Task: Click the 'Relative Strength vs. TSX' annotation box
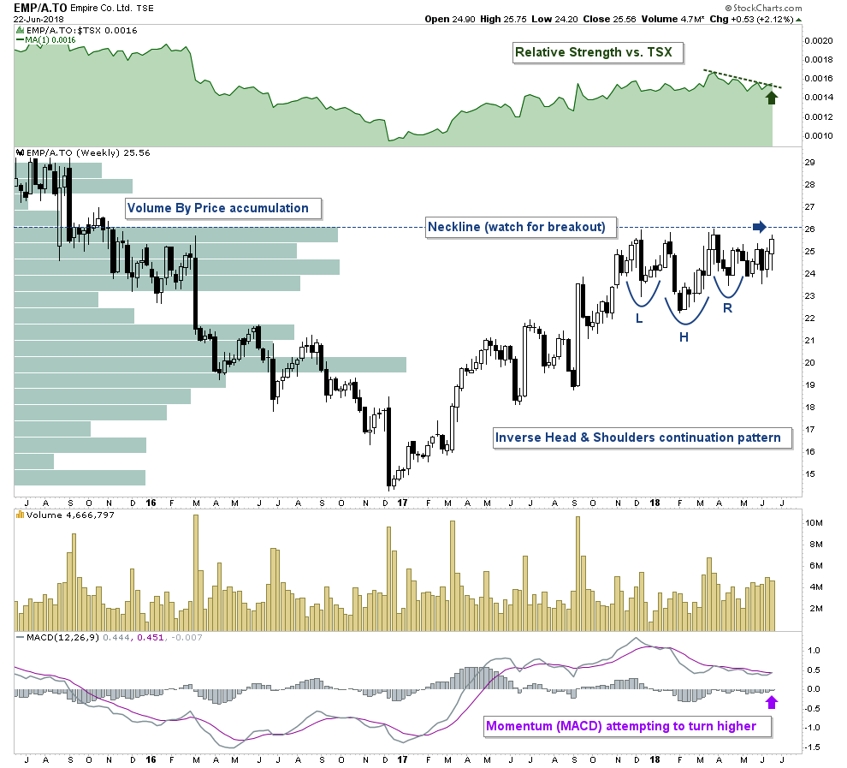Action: (x=593, y=53)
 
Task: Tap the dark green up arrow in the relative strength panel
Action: (x=772, y=96)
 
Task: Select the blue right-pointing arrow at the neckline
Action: (x=760, y=227)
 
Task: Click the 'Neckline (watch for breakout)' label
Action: (x=517, y=227)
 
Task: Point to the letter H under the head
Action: (x=684, y=336)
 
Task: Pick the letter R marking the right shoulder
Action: (x=727, y=307)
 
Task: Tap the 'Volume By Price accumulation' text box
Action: (x=217, y=207)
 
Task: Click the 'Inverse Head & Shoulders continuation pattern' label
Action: (x=638, y=438)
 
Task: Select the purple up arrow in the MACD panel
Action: (x=772, y=702)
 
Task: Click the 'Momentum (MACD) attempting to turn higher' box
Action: (x=621, y=726)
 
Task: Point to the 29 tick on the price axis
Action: (x=809, y=163)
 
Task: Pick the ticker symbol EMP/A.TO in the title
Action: (x=39, y=7)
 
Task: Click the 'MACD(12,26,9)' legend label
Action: (x=55, y=637)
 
